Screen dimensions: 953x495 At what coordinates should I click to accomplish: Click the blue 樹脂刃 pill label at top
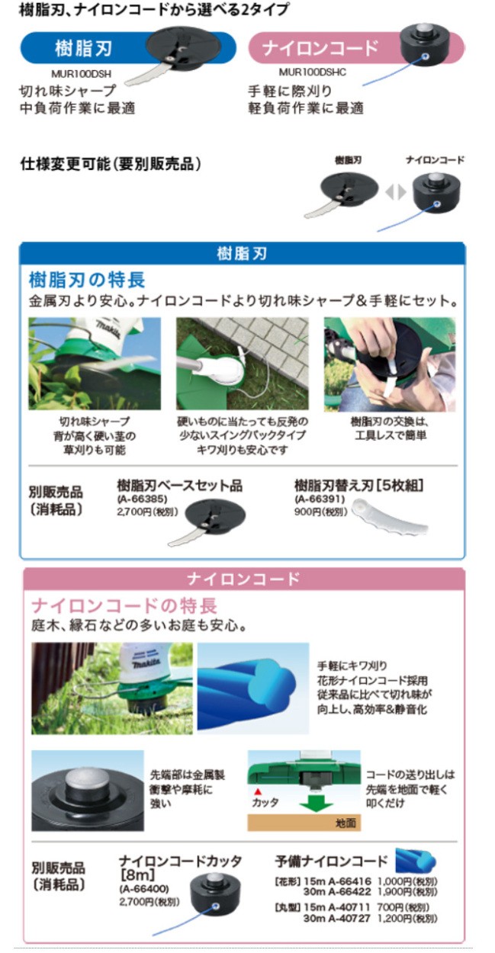[84, 50]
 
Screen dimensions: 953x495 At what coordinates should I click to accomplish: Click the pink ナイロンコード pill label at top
[320, 50]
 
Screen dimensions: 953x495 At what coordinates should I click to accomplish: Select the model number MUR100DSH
[75, 74]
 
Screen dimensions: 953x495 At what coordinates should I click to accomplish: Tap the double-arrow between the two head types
[395, 192]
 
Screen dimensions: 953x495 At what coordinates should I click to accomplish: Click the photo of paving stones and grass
[242, 364]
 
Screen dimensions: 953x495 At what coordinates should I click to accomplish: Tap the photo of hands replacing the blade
[389, 364]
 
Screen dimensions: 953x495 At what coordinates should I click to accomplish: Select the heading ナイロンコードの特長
[124, 606]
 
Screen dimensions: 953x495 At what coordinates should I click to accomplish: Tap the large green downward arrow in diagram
[313, 801]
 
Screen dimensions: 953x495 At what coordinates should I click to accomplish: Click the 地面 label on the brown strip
[346, 824]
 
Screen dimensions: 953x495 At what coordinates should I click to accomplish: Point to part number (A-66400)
[143, 889]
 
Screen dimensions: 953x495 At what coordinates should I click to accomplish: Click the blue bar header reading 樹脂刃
[242, 254]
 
